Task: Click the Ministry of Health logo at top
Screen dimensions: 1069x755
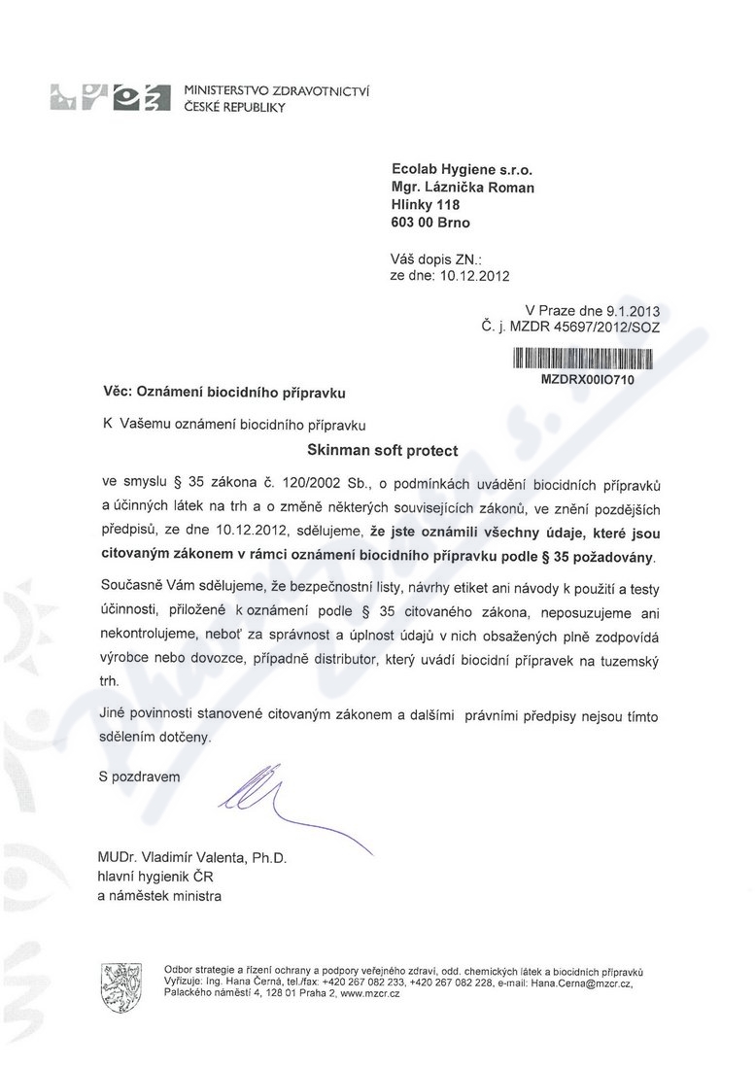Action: [105, 99]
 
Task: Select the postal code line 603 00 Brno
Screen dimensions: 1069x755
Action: [429, 223]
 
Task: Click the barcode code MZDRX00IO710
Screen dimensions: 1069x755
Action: [587, 380]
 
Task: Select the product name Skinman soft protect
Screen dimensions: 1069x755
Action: [382, 451]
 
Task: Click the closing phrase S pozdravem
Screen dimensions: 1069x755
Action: [139, 776]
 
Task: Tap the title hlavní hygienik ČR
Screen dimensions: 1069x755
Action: [155, 877]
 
